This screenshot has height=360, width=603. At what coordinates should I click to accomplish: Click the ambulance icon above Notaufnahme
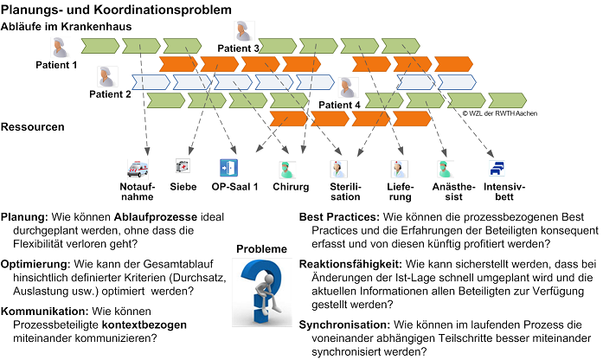[138, 169]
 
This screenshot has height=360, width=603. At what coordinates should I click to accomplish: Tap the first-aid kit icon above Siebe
[183, 166]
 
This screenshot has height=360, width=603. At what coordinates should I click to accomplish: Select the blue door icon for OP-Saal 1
[228, 168]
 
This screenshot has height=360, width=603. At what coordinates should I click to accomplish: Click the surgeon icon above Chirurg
[287, 170]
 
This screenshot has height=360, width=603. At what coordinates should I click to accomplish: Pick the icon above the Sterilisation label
[339, 170]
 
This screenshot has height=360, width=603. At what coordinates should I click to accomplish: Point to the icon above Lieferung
[399, 170]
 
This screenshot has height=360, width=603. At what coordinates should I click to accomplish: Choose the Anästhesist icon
[445, 170]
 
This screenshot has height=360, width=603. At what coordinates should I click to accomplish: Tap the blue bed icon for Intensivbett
[497, 169]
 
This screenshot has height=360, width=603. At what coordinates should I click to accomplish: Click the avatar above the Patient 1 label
[60, 48]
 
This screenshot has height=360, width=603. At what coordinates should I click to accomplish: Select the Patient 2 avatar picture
[107, 76]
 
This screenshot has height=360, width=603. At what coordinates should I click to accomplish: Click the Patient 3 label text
[239, 48]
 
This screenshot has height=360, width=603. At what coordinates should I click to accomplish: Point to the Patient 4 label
[340, 105]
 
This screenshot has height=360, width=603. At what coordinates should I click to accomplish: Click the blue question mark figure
[262, 292]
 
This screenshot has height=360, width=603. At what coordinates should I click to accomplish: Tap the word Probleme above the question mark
[261, 249]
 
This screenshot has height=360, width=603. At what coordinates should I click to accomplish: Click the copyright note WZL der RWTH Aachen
[499, 113]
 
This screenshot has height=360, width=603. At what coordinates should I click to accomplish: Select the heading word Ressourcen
[33, 127]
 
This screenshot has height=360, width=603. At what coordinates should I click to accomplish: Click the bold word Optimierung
[35, 265]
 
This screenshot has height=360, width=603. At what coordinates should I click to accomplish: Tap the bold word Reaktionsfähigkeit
[350, 265]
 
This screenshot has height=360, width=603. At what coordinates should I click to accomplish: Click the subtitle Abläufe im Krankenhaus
[66, 27]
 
